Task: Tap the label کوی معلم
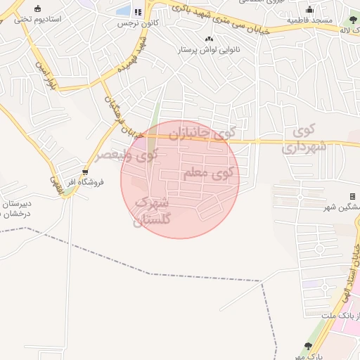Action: click(209, 173)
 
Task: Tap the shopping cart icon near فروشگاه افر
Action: click(85, 172)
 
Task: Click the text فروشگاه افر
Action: click(89, 182)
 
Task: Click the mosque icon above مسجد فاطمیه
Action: click(309, 10)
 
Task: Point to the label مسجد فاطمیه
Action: click(309, 21)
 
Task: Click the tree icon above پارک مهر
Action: click(307, 345)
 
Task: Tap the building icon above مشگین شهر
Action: click(352, 196)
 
